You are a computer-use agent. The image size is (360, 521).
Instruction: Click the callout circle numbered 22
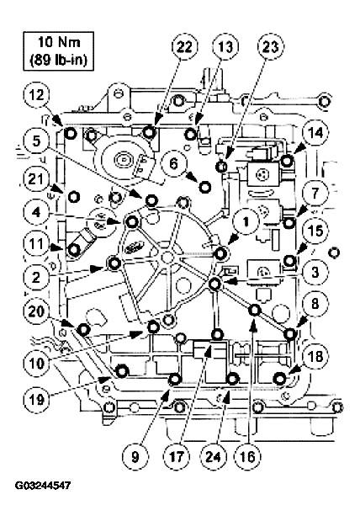click(184, 47)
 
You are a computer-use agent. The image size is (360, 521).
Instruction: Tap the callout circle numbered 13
click(225, 47)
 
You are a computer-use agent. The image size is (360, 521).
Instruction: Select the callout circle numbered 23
click(271, 47)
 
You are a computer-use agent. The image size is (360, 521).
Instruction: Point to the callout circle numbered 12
click(36, 96)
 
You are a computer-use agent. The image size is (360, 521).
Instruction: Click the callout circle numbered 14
click(315, 133)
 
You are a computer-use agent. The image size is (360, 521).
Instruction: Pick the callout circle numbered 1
click(246, 222)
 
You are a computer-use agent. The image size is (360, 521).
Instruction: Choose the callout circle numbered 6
click(173, 163)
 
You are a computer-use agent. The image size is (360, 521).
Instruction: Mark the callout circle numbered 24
click(213, 456)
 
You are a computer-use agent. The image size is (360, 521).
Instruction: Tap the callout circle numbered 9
click(135, 457)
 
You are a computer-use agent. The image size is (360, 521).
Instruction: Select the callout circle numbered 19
click(36, 400)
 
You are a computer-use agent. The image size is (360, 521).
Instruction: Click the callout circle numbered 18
click(315, 357)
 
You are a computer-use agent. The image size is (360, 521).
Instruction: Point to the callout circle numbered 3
click(315, 272)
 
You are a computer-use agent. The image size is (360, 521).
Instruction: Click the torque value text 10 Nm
click(58, 43)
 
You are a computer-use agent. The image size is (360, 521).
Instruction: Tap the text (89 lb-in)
click(58, 61)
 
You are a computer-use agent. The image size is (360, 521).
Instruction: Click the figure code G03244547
click(43, 486)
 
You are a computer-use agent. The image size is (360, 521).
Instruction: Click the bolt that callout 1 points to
click(220, 254)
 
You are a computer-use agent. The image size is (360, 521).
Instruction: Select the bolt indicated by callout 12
click(71, 134)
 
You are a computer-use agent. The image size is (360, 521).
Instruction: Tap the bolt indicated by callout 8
click(290, 333)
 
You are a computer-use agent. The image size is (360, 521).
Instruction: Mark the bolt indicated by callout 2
click(114, 263)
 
